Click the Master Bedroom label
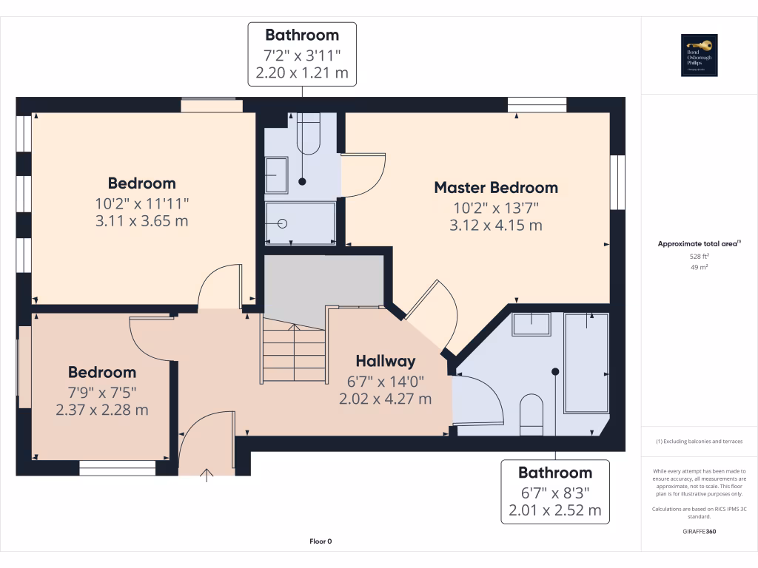click(495, 188)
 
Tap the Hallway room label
click(385, 361)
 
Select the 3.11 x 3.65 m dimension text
click(141, 220)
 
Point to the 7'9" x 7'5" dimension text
click(102, 391)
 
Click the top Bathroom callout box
click(301, 54)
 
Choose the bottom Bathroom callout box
click(555, 491)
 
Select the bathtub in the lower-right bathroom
click(586, 362)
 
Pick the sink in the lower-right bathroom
click(531, 324)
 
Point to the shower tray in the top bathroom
click(301, 223)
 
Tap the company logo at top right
click(700, 56)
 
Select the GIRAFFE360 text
click(700, 531)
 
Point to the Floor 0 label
click(321, 541)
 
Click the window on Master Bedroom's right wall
click(617, 182)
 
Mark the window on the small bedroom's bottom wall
click(118, 467)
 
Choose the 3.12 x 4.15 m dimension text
click(495, 225)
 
